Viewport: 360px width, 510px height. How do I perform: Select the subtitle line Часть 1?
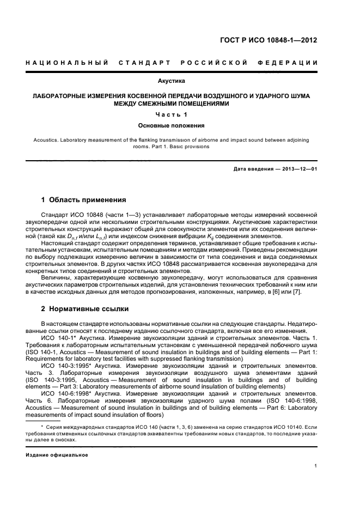171,114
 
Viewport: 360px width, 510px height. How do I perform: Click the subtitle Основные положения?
171,125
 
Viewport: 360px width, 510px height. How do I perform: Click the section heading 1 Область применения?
84,200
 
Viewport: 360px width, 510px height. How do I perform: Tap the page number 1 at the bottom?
316,465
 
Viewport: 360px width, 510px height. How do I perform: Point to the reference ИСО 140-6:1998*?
64,393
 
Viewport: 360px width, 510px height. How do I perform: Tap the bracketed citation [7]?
296,293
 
